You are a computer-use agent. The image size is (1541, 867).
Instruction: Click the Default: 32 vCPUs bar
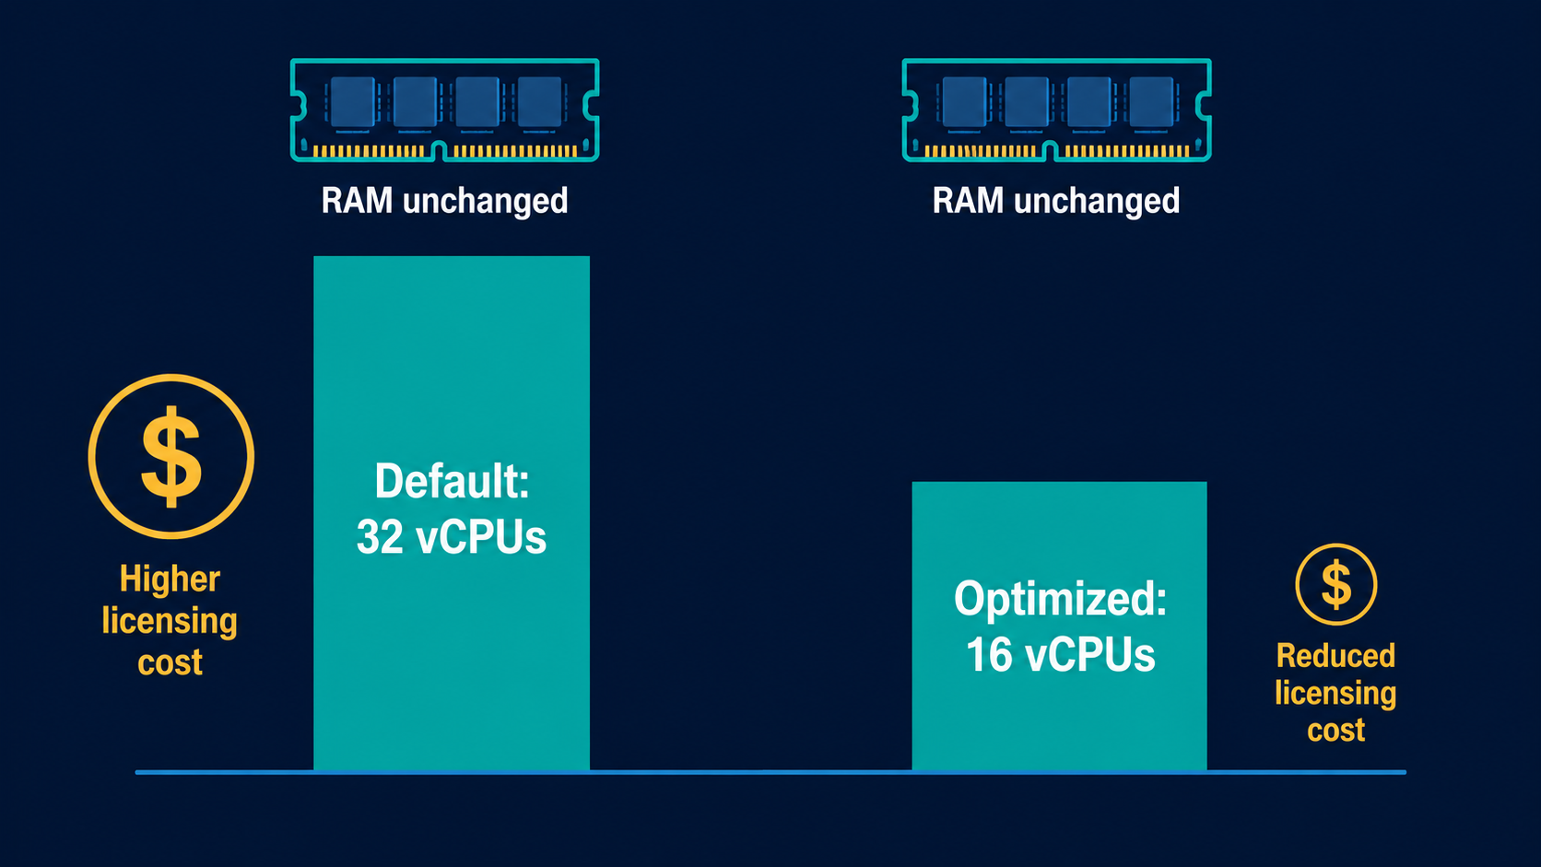(x=452, y=513)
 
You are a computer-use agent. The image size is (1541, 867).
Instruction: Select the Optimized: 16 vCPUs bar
(x=1060, y=626)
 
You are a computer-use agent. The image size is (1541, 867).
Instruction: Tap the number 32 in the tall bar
(x=380, y=536)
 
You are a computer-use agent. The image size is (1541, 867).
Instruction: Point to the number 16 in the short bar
(x=989, y=654)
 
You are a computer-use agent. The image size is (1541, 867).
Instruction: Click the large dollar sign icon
(x=171, y=456)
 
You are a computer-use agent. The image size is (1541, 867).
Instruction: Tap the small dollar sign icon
(x=1336, y=584)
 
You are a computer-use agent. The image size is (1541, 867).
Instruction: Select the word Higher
(x=170, y=579)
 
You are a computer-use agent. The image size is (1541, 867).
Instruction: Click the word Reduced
(x=1336, y=656)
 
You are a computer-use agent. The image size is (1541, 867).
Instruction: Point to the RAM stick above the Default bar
(x=444, y=110)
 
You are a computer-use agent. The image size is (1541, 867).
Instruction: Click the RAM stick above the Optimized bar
(x=1057, y=110)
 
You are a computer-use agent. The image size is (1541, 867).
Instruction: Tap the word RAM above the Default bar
(x=357, y=201)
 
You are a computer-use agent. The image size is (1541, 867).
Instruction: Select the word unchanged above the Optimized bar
(x=1097, y=201)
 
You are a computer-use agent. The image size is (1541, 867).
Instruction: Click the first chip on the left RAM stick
(x=353, y=102)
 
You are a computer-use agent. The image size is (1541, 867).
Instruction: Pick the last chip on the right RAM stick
(x=1151, y=102)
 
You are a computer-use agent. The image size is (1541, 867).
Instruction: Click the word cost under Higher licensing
(x=170, y=662)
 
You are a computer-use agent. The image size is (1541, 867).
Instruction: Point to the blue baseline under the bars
(x=770, y=772)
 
